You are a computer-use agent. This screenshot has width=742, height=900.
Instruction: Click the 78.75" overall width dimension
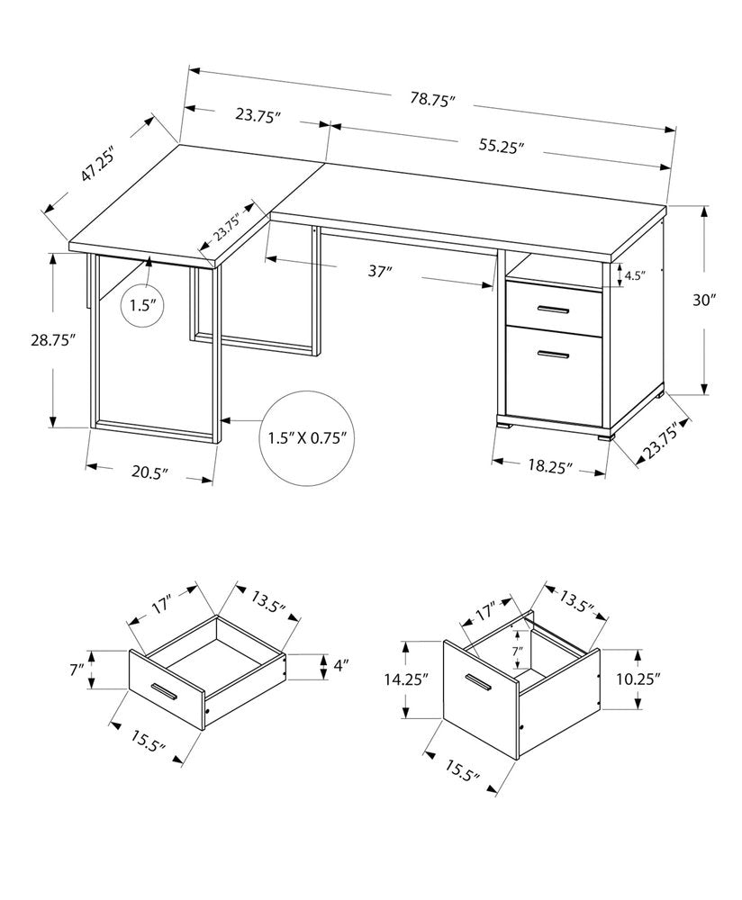(x=432, y=100)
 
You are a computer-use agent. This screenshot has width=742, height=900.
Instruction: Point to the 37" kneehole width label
(x=381, y=270)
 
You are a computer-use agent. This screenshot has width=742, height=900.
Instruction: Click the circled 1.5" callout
(x=142, y=306)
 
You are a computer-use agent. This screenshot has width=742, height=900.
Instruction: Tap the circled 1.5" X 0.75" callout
(x=307, y=438)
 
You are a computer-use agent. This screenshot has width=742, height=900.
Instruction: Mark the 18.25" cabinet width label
(x=548, y=466)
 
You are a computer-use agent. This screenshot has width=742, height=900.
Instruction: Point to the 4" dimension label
(x=340, y=667)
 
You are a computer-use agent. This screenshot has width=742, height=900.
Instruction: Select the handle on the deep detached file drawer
(x=476, y=682)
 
